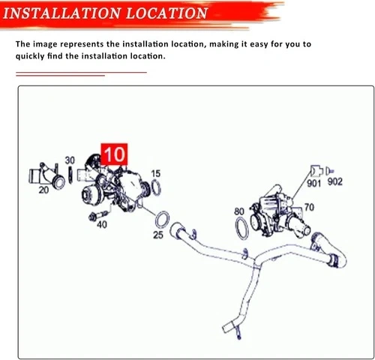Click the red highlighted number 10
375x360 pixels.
[x=114, y=154]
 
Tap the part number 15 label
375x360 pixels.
[x=155, y=173]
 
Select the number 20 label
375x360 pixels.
[x=43, y=190]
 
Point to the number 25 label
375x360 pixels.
[x=158, y=235]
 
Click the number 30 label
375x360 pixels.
[x=70, y=160]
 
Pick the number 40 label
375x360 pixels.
[x=102, y=224]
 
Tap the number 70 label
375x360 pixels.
[x=309, y=207]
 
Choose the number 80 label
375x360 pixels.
[x=239, y=211]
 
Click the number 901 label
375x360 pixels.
[x=313, y=184]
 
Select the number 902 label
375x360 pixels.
[x=334, y=181]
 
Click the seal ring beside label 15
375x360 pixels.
[x=156, y=187]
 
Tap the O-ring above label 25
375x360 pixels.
[x=162, y=220]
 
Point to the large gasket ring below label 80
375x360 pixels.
[x=241, y=228]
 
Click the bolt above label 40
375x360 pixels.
[x=98, y=215]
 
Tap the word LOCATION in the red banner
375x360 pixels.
[x=166, y=13]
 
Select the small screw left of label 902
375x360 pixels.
[x=329, y=171]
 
